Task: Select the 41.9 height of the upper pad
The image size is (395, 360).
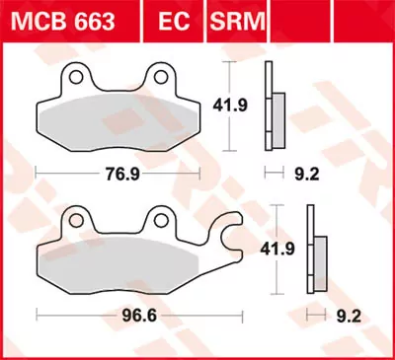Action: tap(231, 102)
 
